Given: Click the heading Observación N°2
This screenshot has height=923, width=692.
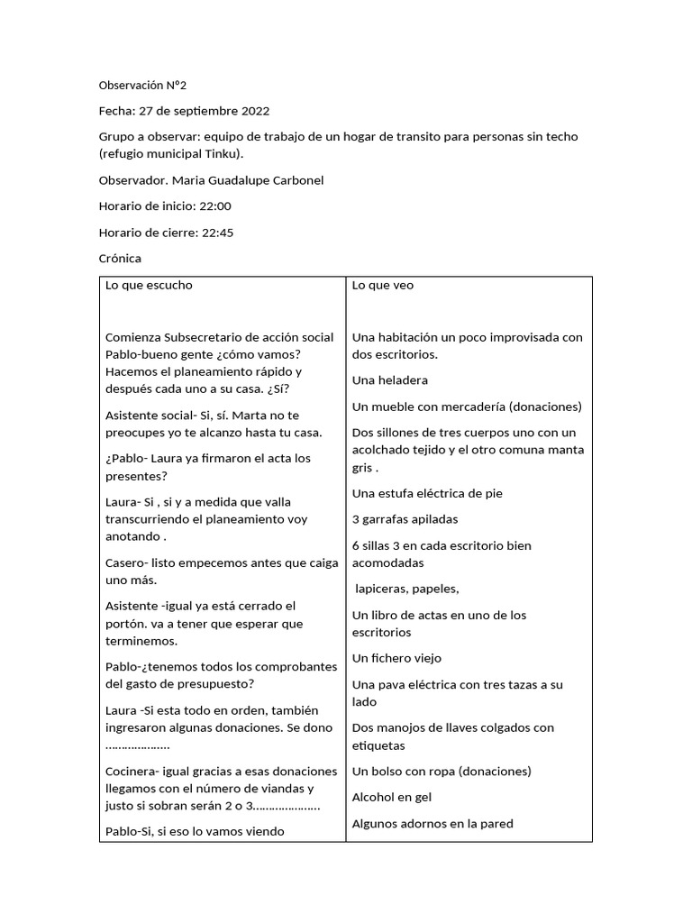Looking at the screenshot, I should (143, 86).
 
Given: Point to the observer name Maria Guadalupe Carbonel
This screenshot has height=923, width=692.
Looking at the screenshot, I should (254, 180).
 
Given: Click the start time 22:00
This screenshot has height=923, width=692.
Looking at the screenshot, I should (215, 206).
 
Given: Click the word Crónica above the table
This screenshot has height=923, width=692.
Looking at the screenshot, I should (120, 259).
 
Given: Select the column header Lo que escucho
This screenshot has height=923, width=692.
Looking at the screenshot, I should (149, 286).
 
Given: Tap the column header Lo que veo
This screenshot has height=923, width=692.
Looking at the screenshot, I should (382, 286).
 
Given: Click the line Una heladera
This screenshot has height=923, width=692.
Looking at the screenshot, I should (389, 380).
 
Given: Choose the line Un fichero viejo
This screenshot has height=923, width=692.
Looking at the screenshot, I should (396, 659).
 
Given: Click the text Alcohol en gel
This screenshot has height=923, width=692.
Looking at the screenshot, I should (392, 798).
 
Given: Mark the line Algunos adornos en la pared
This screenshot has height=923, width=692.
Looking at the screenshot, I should (432, 824).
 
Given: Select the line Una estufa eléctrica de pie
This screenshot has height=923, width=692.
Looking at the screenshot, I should (427, 493).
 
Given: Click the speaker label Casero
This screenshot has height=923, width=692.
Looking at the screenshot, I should (124, 562).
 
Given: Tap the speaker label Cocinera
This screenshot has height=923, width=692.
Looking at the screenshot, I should (131, 772).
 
